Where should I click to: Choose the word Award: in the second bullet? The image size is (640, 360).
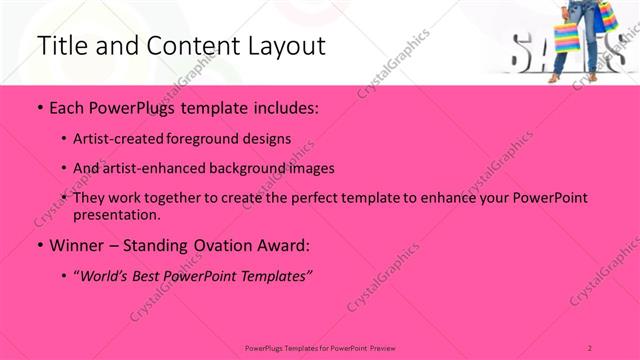(282, 245)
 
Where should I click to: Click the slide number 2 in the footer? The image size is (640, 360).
(590, 347)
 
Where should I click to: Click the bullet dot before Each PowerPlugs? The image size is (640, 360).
(39, 107)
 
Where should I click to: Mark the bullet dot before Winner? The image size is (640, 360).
(39, 245)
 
